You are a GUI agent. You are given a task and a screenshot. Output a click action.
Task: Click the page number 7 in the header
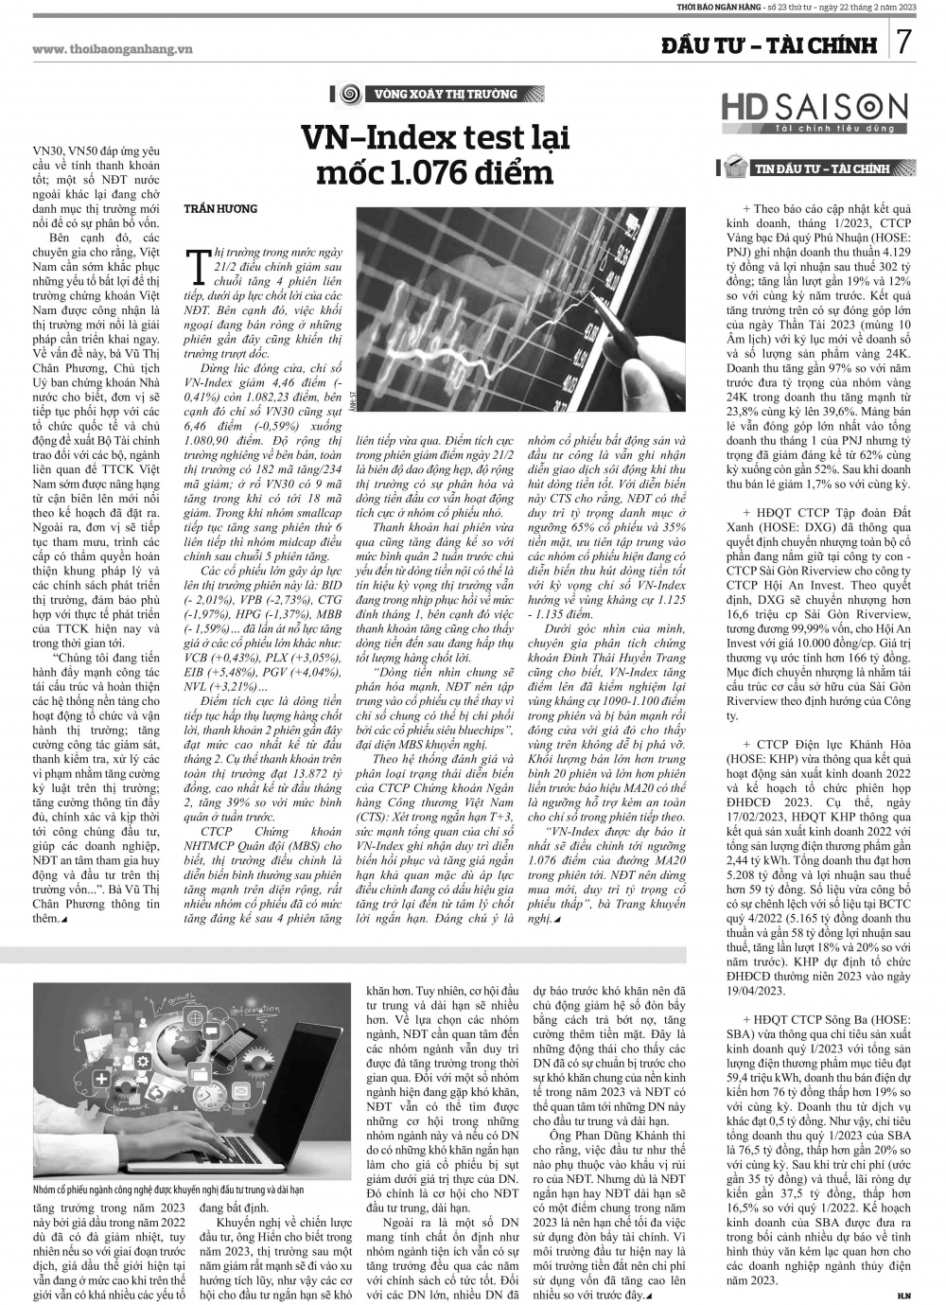904,44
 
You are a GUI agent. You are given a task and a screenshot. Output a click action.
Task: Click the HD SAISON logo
814,108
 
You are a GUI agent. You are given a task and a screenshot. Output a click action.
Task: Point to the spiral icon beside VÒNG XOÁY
349,94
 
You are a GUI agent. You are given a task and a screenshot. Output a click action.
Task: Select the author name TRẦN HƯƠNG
219,208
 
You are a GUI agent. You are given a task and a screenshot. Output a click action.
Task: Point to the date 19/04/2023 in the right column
756,991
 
